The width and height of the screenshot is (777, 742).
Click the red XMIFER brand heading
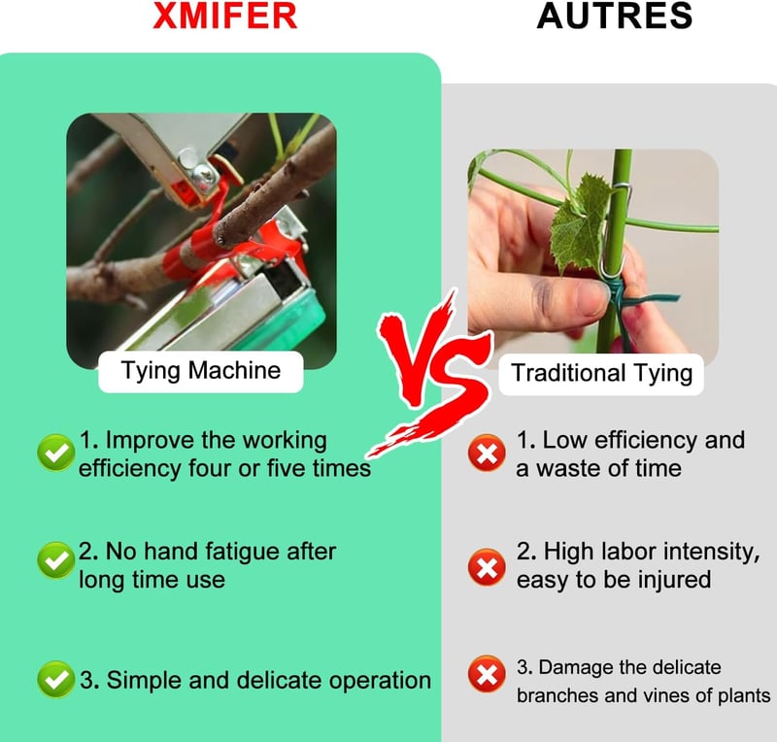(x=225, y=16)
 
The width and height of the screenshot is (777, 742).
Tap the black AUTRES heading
(x=615, y=16)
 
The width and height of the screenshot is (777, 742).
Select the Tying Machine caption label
(x=201, y=371)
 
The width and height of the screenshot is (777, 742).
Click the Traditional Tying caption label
(x=601, y=374)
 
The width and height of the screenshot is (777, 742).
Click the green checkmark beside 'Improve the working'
(x=56, y=453)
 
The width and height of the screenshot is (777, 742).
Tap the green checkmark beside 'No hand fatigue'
(x=56, y=560)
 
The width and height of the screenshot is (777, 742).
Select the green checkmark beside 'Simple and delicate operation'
(x=56, y=679)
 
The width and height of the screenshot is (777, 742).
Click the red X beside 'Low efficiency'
(x=488, y=453)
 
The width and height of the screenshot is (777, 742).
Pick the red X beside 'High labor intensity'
(x=488, y=566)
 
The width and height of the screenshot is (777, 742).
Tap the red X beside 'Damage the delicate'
(x=488, y=674)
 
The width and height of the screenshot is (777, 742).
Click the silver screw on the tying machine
(x=204, y=174)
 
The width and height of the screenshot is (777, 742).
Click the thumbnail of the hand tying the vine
(x=593, y=252)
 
